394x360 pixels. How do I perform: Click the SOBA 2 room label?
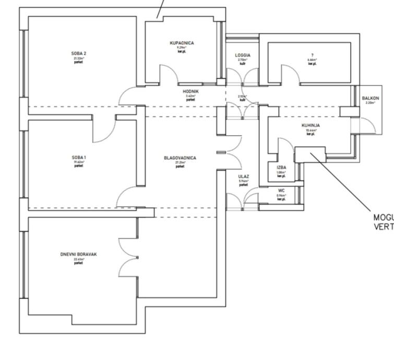click(78, 53)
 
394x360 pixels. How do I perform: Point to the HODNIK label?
click(190, 91)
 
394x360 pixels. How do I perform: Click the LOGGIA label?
click(243, 55)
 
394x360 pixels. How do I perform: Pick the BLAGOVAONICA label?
click(180, 157)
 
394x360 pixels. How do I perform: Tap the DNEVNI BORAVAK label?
click(78, 255)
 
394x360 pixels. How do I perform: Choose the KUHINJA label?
click(311, 126)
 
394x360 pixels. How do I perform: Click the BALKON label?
click(371, 98)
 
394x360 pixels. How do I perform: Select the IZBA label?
click(281, 167)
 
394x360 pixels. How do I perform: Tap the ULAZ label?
click(243, 177)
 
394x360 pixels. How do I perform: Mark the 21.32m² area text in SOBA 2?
click(78, 58)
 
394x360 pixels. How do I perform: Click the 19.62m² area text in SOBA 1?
click(78, 162)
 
